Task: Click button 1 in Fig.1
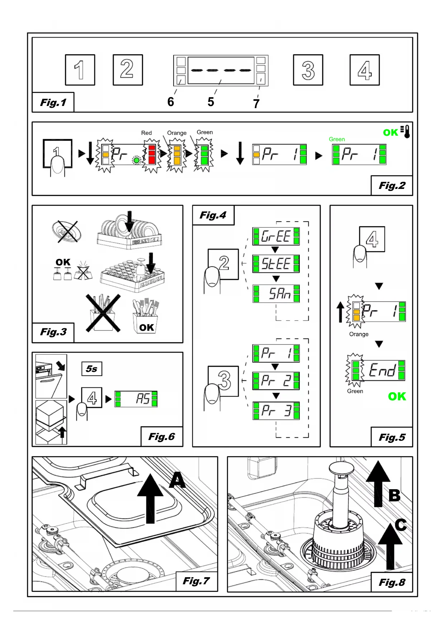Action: click(80, 70)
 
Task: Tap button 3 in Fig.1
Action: click(308, 70)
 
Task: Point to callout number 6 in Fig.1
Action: click(171, 102)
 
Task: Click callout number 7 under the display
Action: click(256, 104)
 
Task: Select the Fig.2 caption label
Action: click(392, 186)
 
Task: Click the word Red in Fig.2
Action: click(146, 133)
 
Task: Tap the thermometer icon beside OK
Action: click(406, 132)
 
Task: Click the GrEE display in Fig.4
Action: click(276, 236)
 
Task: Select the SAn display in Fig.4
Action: click(276, 294)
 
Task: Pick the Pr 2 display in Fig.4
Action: click(276, 381)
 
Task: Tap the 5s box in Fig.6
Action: click(91, 369)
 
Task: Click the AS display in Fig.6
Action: click(136, 399)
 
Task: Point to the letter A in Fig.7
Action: click(177, 481)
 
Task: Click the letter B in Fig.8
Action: click(394, 496)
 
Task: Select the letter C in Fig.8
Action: click(401, 525)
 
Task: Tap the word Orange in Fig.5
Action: click(359, 334)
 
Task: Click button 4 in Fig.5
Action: click(372, 239)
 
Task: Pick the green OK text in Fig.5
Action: click(397, 397)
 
